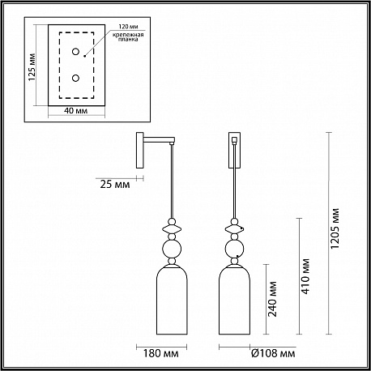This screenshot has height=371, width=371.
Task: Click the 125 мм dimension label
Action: click(x=32, y=67)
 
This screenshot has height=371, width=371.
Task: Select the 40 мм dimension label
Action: click(x=76, y=111)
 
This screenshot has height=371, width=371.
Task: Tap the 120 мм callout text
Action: click(x=129, y=27)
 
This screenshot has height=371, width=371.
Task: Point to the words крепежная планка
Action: click(x=128, y=37)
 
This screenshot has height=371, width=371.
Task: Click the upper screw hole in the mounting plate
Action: click(x=75, y=51)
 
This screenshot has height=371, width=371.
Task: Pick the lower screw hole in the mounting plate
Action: click(x=75, y=78)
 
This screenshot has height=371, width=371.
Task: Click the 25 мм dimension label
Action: click(x=115, y=185)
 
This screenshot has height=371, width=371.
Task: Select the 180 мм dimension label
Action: click(x=160, y=353)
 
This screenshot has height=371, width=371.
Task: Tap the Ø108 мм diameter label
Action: click(x=273, y=353)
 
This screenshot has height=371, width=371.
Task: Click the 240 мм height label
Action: click(x=272, y=299)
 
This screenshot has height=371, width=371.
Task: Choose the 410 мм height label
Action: click(x=305, y=276)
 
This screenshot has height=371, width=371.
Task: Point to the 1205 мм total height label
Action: click(x=335, y=228)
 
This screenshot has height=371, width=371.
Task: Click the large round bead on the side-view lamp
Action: click(x=172, y=249)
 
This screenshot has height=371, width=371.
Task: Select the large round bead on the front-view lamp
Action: click(x=234, y=249)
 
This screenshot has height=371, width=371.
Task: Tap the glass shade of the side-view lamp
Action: click(x=172, y=300)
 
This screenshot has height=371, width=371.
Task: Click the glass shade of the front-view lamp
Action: click(x=234, y=300)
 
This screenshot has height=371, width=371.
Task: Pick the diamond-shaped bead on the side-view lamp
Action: click(x=172, y=229)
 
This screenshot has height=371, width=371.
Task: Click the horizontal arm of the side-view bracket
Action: click(x=159, y=140)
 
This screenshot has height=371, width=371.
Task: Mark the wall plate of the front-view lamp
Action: click(x=234, y=150)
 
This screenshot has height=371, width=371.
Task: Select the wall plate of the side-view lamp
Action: click(x=140, y=150)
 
